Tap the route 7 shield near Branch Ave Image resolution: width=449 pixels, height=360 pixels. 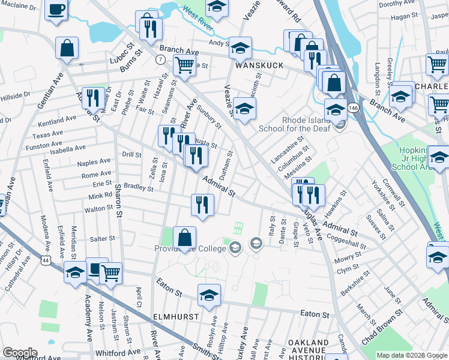(x=160, y=60)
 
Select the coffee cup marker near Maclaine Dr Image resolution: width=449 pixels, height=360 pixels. (x=56, y=10)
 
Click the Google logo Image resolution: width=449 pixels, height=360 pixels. (x=19, y=353)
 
